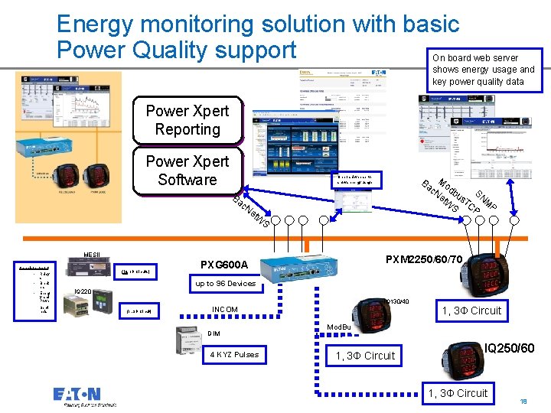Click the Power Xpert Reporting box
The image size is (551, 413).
187,121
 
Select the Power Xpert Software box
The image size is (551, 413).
187,171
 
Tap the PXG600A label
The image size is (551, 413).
224,265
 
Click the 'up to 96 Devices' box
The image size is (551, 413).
226,284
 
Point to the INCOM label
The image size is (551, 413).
224,310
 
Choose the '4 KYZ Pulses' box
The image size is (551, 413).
234,354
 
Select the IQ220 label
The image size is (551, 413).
83,291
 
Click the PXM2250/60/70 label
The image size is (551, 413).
424,260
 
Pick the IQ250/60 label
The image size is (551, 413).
510,348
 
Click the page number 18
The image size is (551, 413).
523,402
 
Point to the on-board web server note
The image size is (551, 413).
484,70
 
